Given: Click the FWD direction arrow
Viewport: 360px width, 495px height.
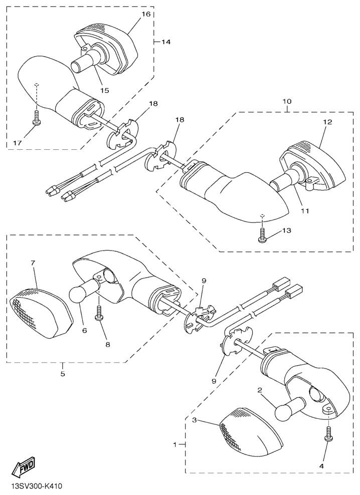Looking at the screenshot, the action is coord(24,466).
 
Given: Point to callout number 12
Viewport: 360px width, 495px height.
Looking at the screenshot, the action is coord(328,122).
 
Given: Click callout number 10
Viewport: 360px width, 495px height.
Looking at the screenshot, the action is coord(287,102).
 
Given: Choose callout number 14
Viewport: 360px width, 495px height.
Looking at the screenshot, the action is coord(166,42).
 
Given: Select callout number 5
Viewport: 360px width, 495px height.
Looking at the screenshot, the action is coord(63,374).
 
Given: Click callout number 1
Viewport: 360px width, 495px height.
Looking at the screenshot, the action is coord(174,444).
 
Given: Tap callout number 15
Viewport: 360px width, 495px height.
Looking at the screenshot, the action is coord(104,91).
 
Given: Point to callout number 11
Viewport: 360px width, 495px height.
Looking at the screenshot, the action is coord(304,210).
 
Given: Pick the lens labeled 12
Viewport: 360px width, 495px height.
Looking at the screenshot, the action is coord(313,165).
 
